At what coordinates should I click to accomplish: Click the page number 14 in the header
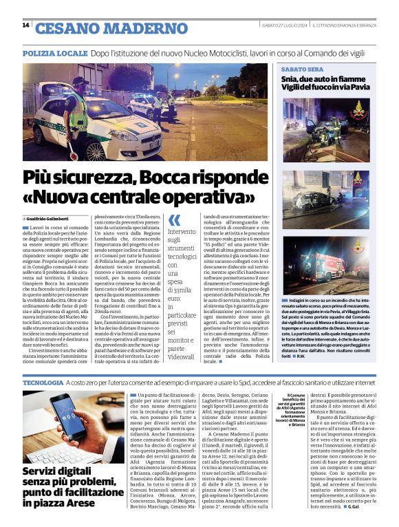25,26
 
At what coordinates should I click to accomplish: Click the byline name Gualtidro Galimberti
53,217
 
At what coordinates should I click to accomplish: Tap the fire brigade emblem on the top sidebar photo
358,111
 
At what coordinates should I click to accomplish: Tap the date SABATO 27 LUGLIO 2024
283,26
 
